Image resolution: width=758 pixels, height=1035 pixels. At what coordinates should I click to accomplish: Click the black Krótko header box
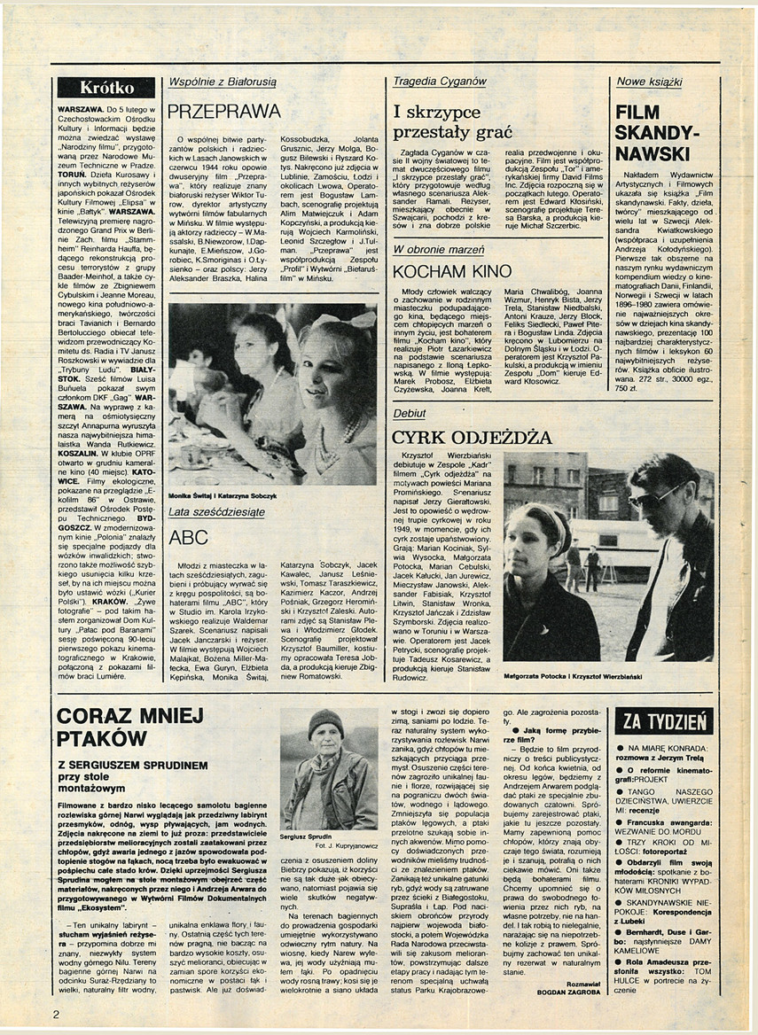(106, 88)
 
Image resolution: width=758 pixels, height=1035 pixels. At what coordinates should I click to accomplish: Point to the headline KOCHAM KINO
(452, 271)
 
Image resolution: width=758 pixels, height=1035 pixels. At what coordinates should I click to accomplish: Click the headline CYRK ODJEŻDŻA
(472, 437)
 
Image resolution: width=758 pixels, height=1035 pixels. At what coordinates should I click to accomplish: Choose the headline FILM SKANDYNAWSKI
(657, 133)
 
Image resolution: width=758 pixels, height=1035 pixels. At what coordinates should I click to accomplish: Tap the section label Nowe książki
(650, 82)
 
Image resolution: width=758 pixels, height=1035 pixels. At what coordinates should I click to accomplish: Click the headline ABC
(189, 537)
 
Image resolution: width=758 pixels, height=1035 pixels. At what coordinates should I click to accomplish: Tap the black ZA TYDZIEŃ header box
(664, 721)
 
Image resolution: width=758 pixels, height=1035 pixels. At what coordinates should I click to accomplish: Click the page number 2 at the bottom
(55, 1015)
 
